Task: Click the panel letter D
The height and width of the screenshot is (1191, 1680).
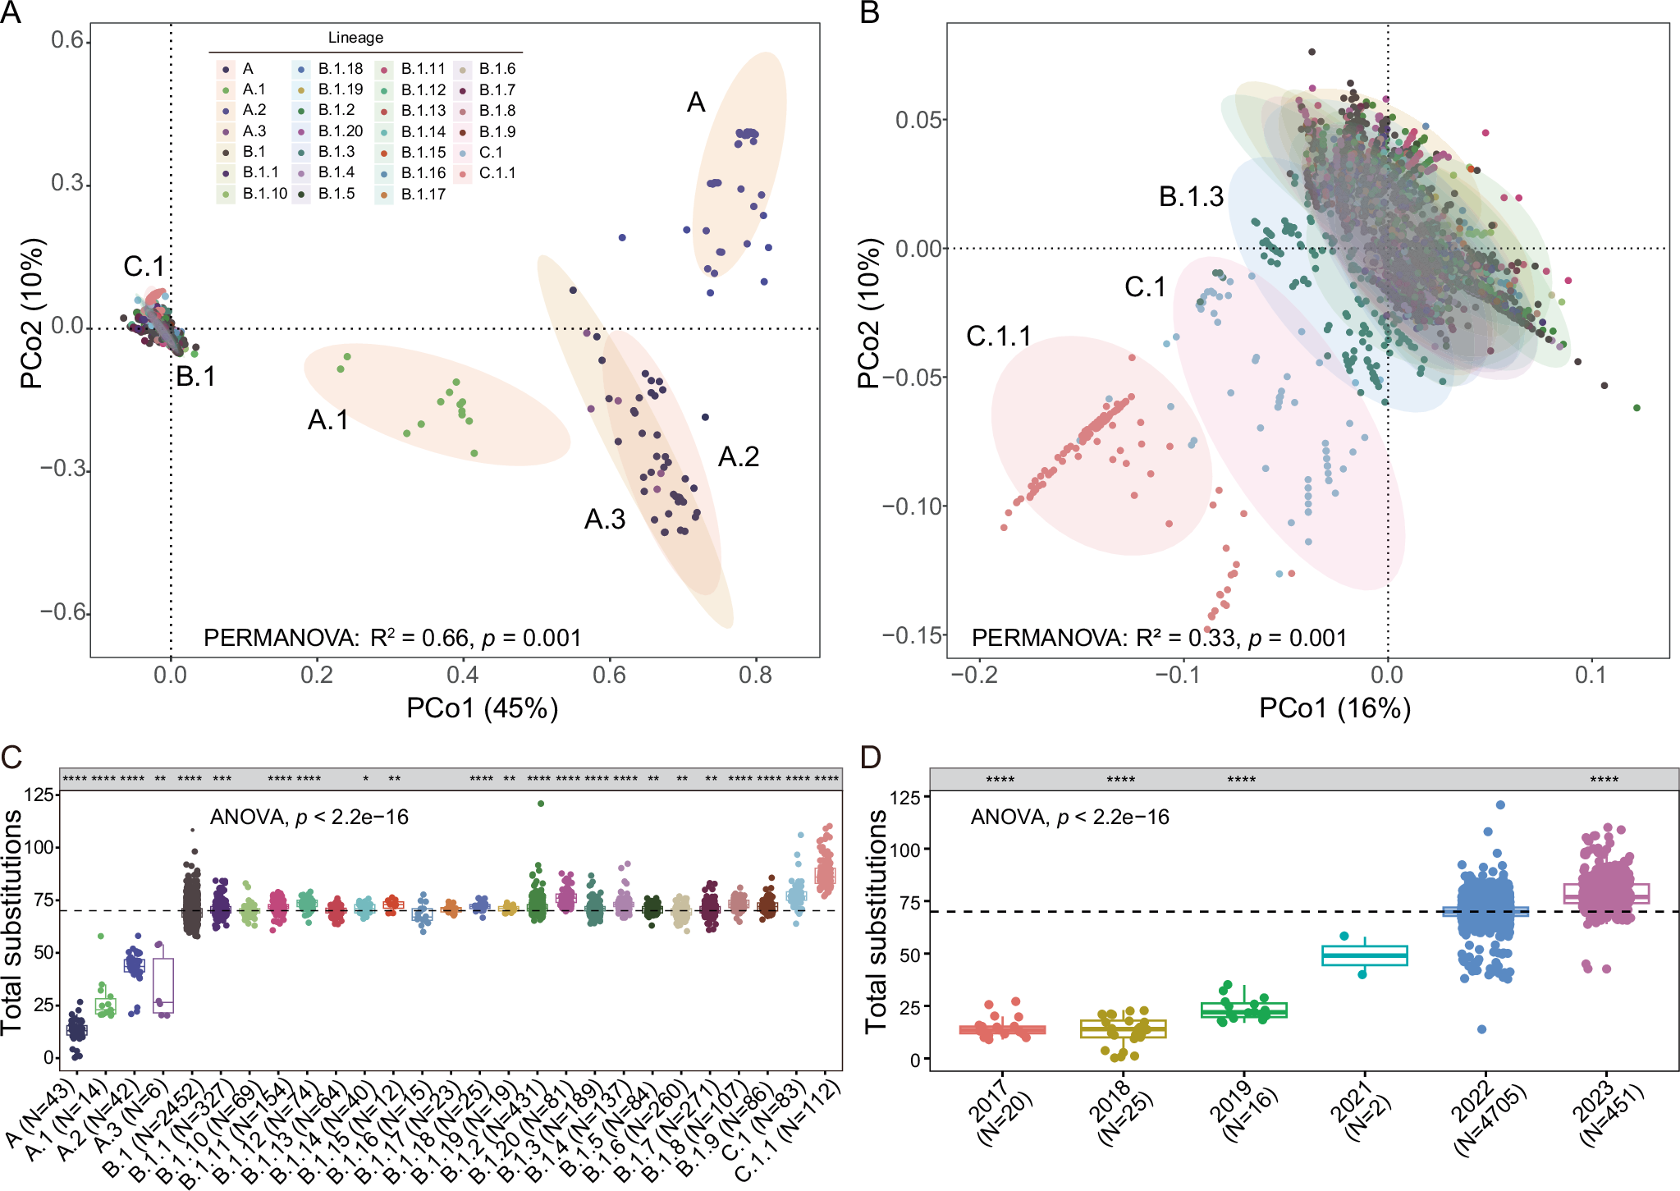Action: point(869,756)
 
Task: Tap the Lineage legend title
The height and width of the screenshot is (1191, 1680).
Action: point(355,38)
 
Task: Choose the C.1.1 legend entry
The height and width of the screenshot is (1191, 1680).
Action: point(497,173)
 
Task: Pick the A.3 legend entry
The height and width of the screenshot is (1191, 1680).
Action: point(254,131)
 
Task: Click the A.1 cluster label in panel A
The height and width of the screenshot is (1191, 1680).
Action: point(327,420)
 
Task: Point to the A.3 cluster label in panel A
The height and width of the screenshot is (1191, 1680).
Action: point(604,520)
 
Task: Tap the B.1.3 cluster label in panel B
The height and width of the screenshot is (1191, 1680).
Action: point(1191,197)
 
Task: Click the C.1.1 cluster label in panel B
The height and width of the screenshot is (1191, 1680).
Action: point(998,337)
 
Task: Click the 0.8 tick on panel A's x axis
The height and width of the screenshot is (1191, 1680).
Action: point(755,676)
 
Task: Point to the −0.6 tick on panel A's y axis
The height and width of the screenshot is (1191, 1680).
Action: point(63,612)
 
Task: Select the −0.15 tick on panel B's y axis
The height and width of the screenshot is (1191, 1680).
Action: point(913,634)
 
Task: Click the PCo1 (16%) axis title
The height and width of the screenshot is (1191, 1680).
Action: point(1334,708)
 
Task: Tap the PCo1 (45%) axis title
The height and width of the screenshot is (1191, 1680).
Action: point(482,708)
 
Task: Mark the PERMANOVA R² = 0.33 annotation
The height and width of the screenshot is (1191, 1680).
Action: point(1159,638)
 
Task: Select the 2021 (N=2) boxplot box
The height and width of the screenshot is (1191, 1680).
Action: point(1364,955)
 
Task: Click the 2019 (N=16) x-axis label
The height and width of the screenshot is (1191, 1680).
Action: point(1241,1111)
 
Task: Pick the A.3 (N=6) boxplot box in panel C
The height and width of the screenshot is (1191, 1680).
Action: point(163,985)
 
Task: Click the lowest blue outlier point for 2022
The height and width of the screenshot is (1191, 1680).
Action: point(1481,1029)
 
